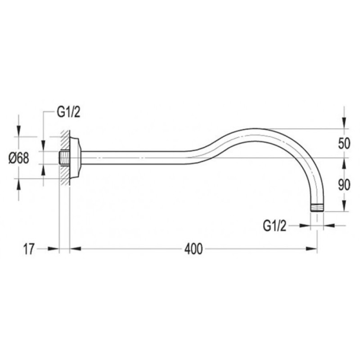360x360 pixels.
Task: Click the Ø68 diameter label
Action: (19, 158)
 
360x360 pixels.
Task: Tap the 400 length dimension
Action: (193, 249)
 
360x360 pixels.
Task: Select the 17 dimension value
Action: (29, 249)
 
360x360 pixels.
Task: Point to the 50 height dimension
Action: (344, 144)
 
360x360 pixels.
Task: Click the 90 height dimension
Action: (344, 185)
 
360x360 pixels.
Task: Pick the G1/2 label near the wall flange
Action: (68, 112)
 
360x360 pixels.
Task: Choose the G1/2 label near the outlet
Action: (274, 226)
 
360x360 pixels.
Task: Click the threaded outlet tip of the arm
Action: (317, 208)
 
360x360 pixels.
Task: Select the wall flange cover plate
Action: (75, 158)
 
